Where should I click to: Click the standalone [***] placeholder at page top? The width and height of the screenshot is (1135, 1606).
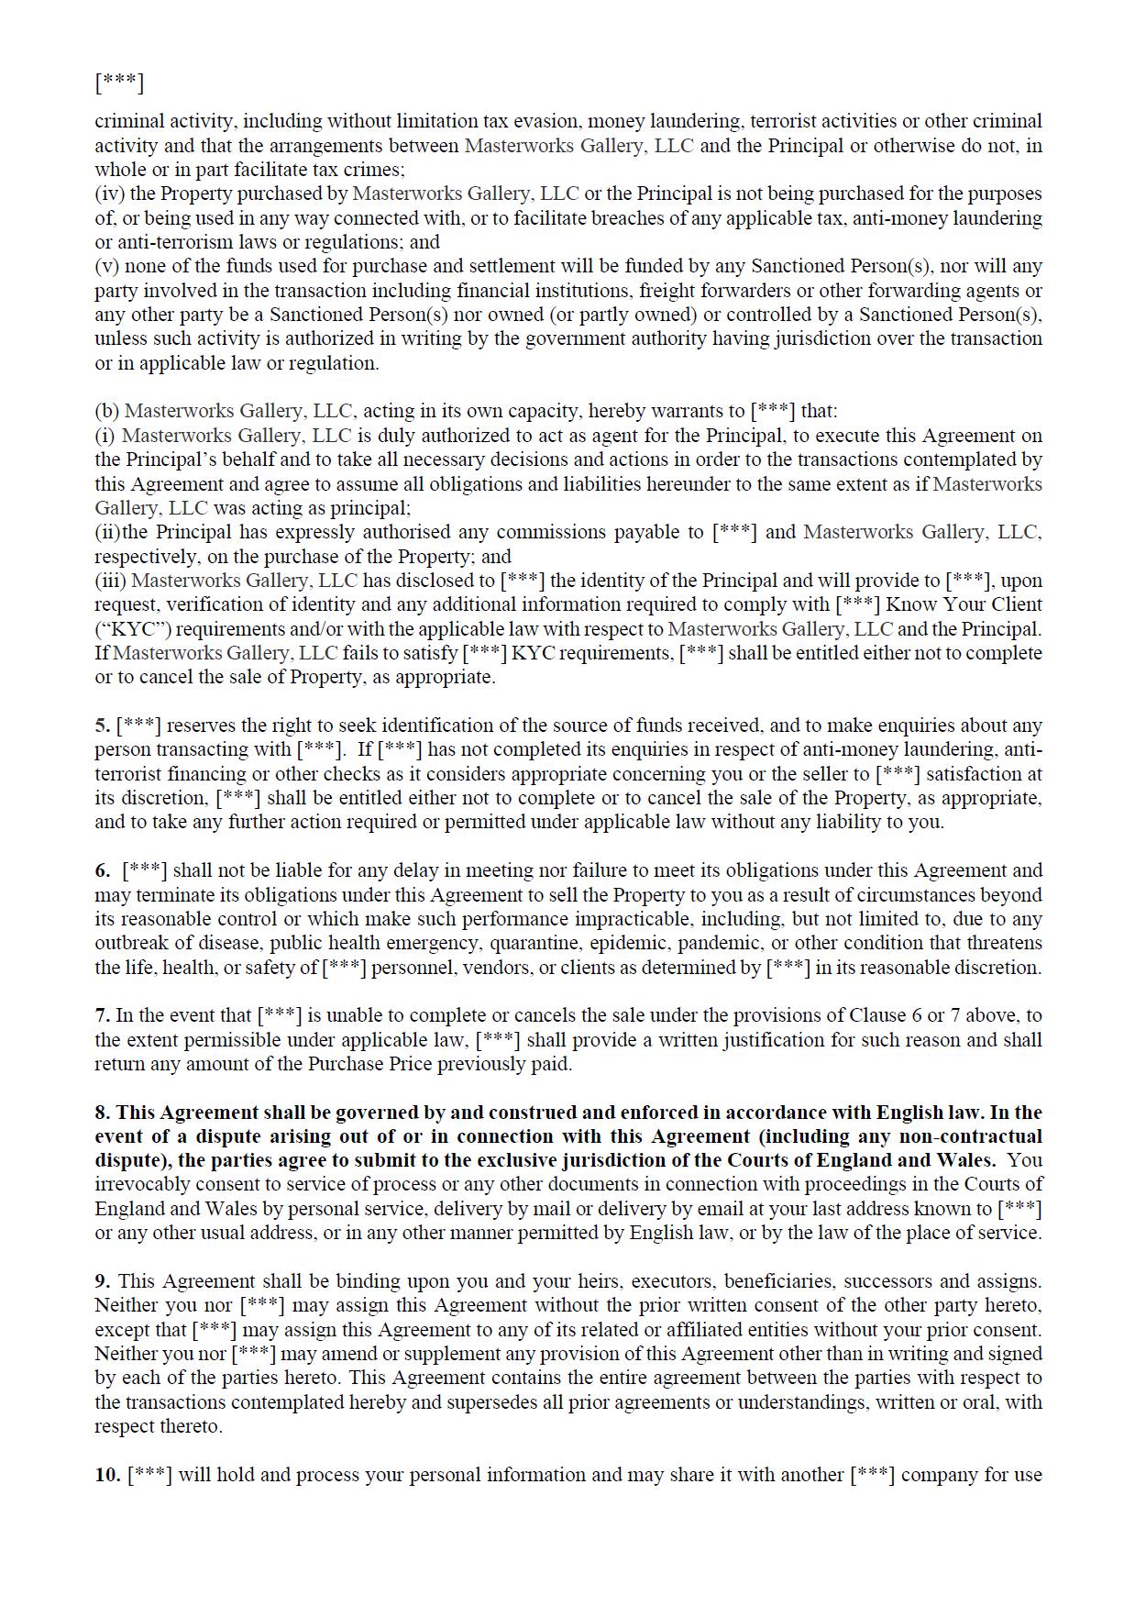(119, 83)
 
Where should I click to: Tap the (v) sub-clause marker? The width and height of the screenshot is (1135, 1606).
(106, 266)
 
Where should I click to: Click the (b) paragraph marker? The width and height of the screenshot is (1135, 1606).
(106, 411)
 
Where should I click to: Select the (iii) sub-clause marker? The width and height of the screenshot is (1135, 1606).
(110, 581)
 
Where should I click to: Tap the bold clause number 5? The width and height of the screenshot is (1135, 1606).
(102, 725)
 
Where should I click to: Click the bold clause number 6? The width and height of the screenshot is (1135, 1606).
(102, 870)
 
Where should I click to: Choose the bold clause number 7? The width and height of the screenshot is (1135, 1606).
(102, 1015)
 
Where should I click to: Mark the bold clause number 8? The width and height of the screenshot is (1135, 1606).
(102, 1113)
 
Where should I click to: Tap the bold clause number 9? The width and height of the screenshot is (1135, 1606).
(102, 1281)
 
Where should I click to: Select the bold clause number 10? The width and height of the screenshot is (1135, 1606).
(106, 1475)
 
